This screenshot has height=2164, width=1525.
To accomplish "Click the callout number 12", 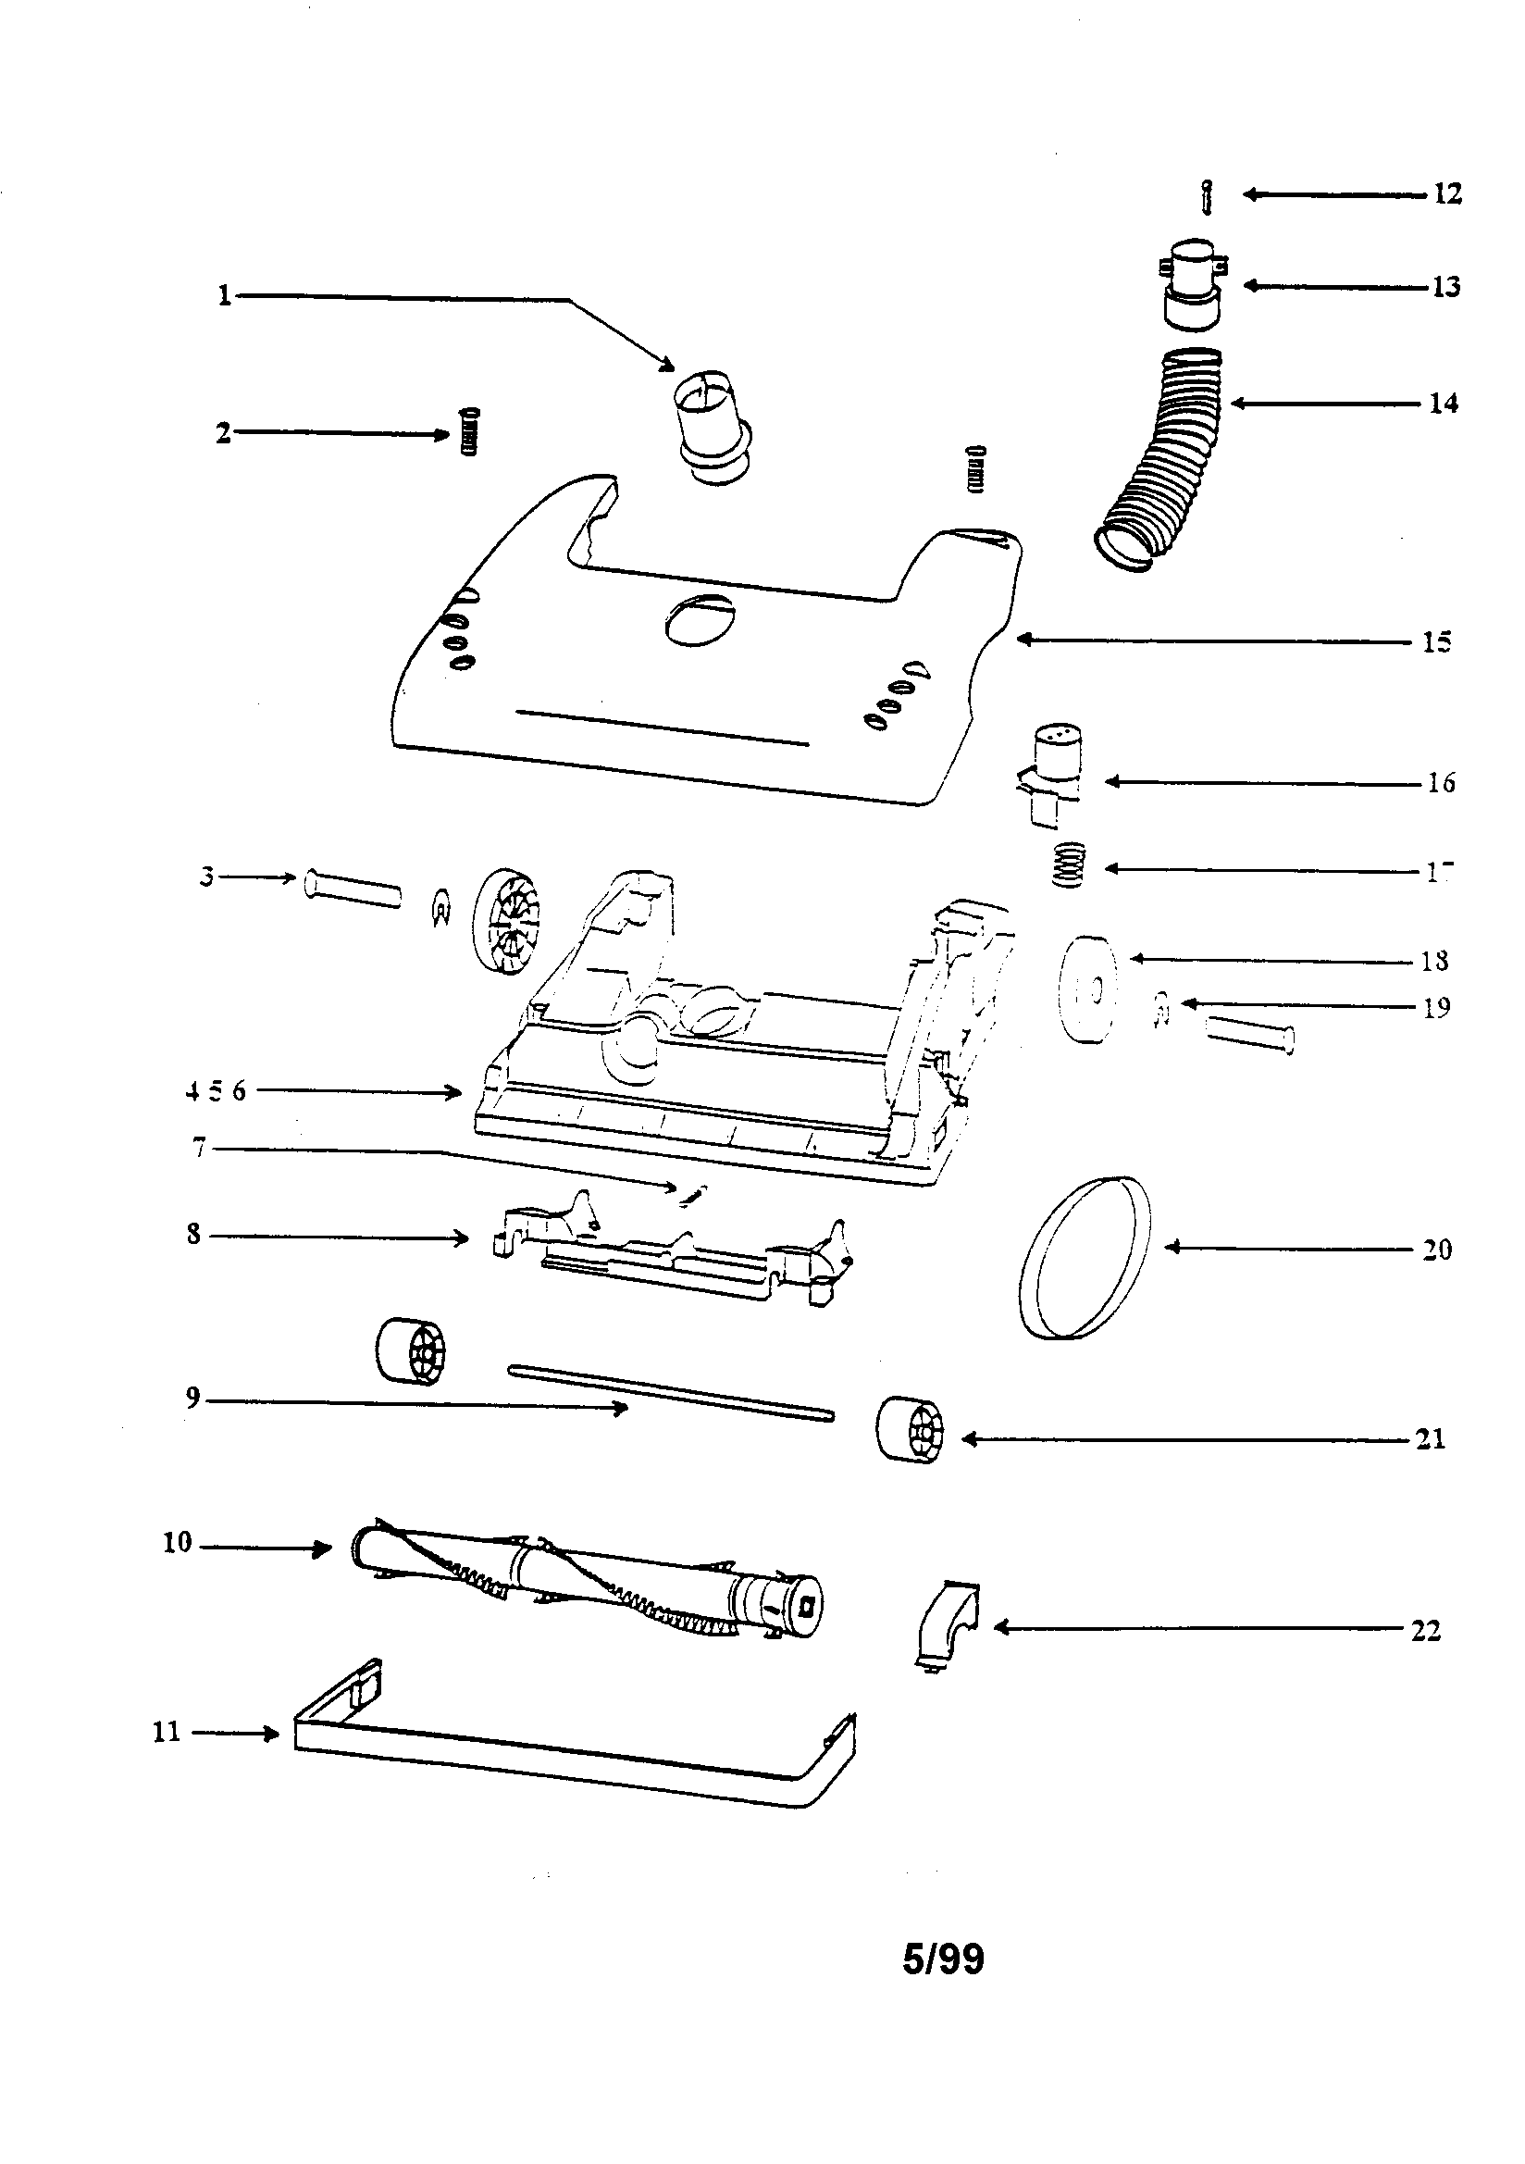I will [1446, 194].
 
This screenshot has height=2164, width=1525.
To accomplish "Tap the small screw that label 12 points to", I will [1208, 197].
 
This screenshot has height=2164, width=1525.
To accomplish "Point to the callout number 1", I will [224, 296].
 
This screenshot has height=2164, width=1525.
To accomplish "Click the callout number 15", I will [1436, 642].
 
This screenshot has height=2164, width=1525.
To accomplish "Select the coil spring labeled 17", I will [1069, 864].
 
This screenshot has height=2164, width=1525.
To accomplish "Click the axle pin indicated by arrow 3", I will [352, 889].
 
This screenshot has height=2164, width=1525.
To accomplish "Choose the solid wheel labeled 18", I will [1087, 989].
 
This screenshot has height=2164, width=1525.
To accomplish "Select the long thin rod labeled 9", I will [669, 1392].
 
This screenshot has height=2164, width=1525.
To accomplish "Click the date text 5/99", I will [943, 1960].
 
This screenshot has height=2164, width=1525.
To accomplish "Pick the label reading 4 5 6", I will [216, 1091].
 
